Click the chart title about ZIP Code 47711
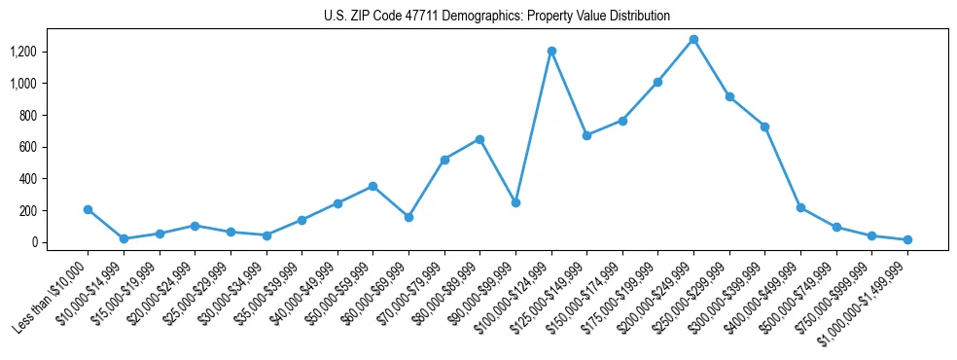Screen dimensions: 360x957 497,16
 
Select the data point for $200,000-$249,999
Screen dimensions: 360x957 693,40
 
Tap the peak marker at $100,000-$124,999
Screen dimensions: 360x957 551,51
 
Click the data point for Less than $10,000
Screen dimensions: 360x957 89,209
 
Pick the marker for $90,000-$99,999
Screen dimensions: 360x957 515,202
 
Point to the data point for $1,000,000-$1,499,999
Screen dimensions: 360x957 907,239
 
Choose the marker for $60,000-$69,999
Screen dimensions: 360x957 408,217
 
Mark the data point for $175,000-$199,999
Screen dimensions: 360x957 658,82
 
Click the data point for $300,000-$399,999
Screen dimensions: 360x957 764,126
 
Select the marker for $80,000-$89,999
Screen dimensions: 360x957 479,139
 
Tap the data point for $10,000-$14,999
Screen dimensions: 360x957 124,238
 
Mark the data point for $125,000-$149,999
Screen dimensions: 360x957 586,135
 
